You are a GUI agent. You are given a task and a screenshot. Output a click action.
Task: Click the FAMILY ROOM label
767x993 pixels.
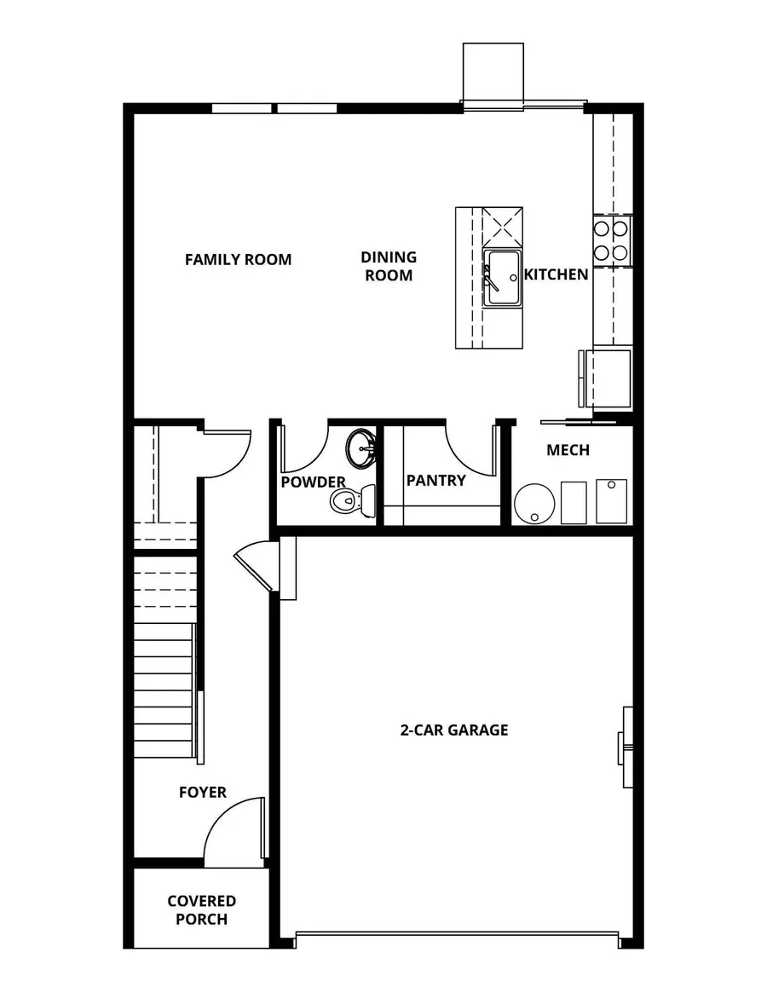coord(238,259)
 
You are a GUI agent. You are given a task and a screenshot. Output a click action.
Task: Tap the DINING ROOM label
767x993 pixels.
coord(389,266)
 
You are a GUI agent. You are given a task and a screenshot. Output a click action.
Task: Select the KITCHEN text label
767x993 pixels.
coord(556,274)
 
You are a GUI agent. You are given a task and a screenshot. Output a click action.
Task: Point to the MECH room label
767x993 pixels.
coord(568,449)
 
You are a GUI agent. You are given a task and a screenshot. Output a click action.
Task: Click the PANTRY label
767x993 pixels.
coord(435,480)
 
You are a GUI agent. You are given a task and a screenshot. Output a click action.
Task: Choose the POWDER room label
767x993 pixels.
coord(313,482)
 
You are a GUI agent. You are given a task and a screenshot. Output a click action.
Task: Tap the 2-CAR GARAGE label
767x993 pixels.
coord(454,730)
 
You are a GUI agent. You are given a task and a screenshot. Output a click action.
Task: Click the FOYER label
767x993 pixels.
coord(203,792)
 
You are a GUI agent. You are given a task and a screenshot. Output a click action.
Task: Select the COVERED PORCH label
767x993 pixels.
coord(202,909)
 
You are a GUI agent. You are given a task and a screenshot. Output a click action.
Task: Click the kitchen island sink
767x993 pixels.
coord(502,277)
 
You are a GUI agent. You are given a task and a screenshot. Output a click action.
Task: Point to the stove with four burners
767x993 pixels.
coord(611,240)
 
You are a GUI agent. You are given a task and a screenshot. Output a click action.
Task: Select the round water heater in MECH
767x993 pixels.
coord(535,504)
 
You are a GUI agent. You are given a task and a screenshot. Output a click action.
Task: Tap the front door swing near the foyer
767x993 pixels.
coord(232,824)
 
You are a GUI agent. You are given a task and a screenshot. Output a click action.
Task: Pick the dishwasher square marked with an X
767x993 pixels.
coord(502,226)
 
